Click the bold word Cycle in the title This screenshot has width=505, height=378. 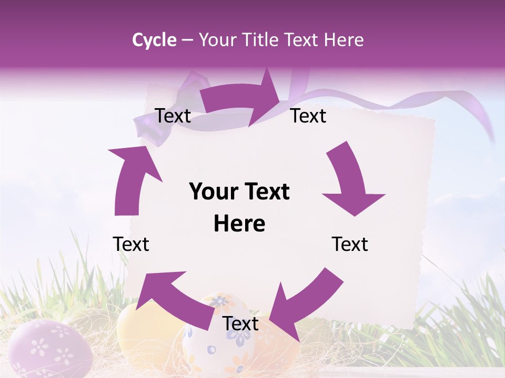coord(154,40)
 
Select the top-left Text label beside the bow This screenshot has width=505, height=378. coord(173,115)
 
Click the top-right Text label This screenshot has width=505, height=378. coord(308,115)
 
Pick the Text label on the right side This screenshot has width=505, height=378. coord(350,244)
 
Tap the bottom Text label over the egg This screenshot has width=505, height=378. coord(240,323)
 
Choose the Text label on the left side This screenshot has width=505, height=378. coord(131,244)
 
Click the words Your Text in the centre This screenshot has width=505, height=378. coord(239,192)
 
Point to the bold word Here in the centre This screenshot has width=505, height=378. coord(239,224)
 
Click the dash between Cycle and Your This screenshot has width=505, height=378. coord(187,40)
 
